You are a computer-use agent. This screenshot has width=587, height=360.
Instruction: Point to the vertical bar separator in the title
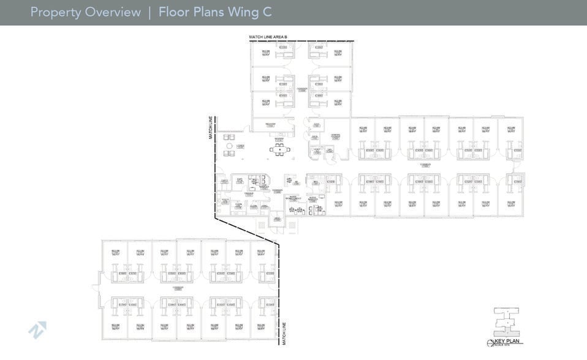point(150,12)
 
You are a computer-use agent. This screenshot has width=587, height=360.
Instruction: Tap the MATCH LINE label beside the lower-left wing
point(284,332)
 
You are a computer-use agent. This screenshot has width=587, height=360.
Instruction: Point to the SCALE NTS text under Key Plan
point(508,346)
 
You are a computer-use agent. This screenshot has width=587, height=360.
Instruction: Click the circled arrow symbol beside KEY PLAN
point(490,342)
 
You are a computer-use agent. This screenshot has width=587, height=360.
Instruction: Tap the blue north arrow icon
point(37,330)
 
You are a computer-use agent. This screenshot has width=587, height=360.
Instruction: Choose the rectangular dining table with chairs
point(279,149)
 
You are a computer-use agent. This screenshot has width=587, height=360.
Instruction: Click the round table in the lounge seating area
point(229,146)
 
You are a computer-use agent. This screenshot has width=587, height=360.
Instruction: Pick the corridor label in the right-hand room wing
point(425,165)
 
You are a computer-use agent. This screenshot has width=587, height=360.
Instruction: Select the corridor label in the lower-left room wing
point(178,287)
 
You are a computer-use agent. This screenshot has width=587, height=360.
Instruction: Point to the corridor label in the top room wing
point(301,89)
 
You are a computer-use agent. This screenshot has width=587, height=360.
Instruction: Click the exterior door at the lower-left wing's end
point(96,285)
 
